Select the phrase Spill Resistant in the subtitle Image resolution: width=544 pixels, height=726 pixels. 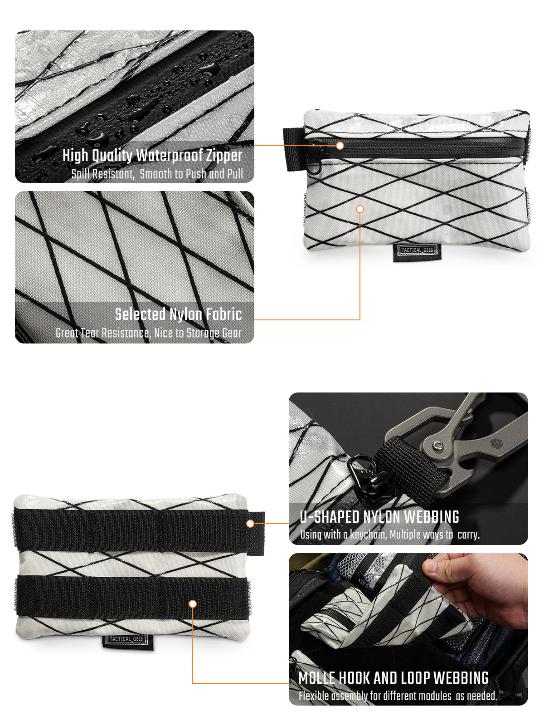pyautogui.click(x=103, y=174)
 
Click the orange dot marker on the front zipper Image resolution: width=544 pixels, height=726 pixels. pyautogui.click(x=340, y=146)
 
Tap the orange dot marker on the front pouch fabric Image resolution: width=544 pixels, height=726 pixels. pyautogui.click(x=360, y=209)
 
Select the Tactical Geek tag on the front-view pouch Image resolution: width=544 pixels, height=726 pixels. pyautogui.click(x=417, y=252)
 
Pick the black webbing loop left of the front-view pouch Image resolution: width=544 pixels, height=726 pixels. pyautogui.click(x=293, y=149)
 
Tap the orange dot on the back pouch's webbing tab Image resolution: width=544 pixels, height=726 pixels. pyautogui.click(x=250, y=524)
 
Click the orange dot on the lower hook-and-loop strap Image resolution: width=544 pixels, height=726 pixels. pyautogui.click(x=193, y=604)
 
